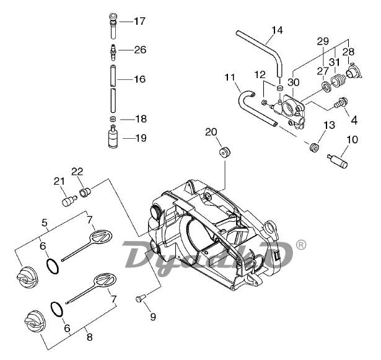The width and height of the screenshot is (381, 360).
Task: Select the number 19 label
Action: click(140, 138)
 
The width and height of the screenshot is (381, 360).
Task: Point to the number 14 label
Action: click(277, 30)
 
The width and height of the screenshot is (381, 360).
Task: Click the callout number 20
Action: click(211, 131)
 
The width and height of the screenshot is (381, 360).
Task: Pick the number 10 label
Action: click(352, 139)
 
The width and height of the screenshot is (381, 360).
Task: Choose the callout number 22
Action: click(77, 172)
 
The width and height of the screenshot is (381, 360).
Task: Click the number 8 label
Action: click(89, 338)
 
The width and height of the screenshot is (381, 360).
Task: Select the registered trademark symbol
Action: click(301, 245)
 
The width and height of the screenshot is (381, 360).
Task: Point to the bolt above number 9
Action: click(139, 300)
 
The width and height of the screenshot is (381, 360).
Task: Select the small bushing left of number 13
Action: click(313, 148)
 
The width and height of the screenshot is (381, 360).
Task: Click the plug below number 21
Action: click(68, 201)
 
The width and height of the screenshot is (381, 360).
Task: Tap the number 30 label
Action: click(293, 82)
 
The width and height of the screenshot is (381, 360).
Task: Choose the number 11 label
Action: click(230, 78)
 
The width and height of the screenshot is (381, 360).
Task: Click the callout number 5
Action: click(44, 222)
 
